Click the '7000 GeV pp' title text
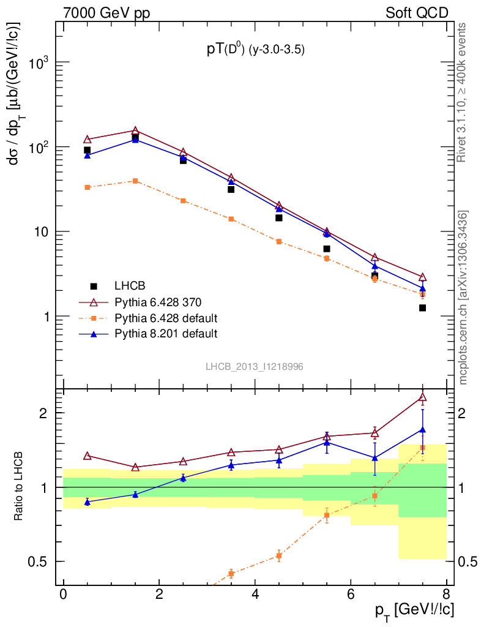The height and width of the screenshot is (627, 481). point(111,13)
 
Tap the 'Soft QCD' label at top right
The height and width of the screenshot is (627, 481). point(417,13)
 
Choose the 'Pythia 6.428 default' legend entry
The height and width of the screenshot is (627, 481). point(166,318)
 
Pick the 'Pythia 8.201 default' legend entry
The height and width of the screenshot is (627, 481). point(166,334)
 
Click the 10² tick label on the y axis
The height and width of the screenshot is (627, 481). point(37,148)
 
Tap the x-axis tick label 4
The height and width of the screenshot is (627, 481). point(255,594)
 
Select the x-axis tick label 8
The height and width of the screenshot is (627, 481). point(446,594)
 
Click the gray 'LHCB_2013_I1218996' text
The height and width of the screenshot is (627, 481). point(254,366)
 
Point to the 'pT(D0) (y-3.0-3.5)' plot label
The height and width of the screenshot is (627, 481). point(255,50)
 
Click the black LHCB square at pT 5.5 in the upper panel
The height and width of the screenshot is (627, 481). point(327,249)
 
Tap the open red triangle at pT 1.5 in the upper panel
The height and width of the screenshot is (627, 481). point(135,131)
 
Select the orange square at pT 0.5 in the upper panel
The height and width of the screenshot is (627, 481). point(88,187)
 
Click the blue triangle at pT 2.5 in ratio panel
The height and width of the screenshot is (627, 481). point(183,478)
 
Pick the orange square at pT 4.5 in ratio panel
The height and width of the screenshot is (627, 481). point(279,556)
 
